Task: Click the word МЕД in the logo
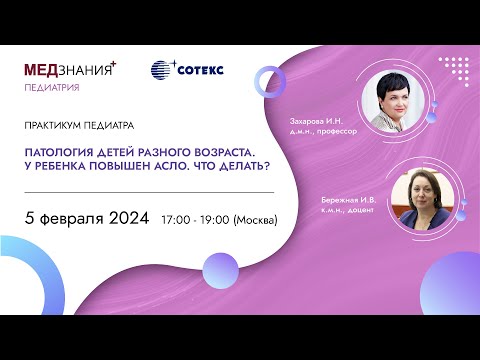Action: pos(42,70)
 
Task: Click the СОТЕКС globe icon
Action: pos(162,70)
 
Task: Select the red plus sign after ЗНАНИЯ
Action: pos(114,63)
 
